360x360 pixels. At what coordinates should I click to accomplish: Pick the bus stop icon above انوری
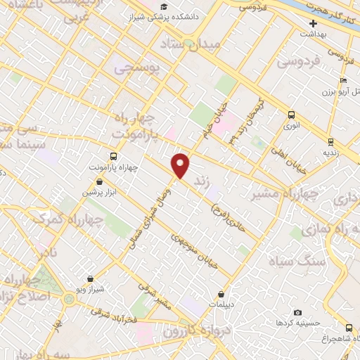click(291, 115)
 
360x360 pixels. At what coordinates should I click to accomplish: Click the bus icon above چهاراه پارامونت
click(114, 157)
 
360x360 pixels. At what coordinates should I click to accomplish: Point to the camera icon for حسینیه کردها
click(297, 312)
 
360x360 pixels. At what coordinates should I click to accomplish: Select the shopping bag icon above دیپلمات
click(221, 294)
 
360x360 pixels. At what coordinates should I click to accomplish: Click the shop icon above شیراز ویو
click(89, 278)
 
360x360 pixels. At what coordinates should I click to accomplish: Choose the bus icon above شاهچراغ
click(349, 328)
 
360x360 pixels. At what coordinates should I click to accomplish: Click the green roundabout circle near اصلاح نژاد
click(68, 300)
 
